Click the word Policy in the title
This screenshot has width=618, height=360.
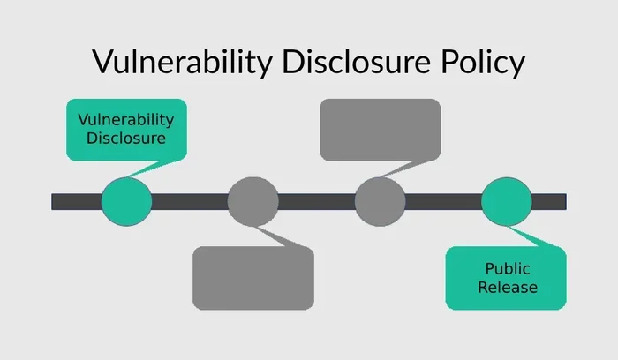[483, 62]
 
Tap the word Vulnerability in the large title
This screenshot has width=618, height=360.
[183, 62]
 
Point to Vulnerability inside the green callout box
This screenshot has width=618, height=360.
[125, 120]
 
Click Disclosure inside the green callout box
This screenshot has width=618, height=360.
[126, 139]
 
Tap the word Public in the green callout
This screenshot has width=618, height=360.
[508, 268]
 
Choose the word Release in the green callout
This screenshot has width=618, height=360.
[508, 287]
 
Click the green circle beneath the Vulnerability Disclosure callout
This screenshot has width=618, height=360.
[126, 201]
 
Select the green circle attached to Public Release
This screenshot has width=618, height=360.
[507, 201]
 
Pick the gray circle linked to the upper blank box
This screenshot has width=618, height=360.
[380, 201]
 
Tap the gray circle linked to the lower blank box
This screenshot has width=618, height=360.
[253, 201]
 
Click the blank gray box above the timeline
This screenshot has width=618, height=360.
[380, 130]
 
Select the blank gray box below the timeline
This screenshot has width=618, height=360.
[253, 278]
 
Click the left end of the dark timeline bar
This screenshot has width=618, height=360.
[51, 202]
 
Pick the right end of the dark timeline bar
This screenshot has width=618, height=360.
[567, 202]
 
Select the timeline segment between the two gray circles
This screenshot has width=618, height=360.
[316, 202]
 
